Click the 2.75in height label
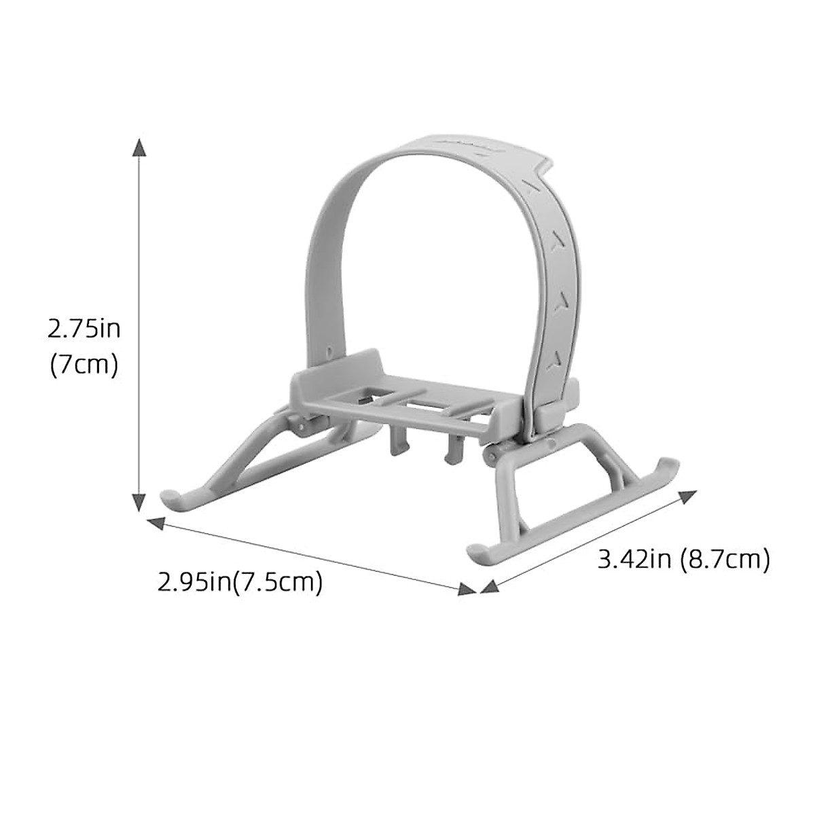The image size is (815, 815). [x=83, y=329]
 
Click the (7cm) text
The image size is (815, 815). [x=84, y=365]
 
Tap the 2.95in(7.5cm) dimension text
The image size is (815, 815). [x=240, y=582]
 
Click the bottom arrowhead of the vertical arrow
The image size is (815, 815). [x=139, y=504]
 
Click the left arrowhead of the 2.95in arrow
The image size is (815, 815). [x=156, y=522]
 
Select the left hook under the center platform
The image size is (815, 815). [x=396, y=443]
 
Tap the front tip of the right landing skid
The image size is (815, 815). [x=477, y=548]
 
